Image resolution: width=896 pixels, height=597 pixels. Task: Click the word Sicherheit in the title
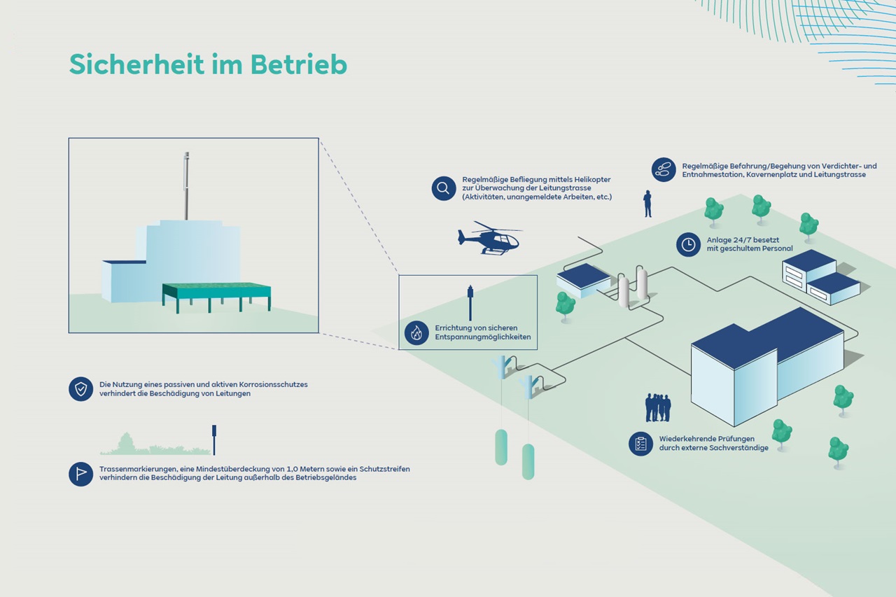tap(136, 64)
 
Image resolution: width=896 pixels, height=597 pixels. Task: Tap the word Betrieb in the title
tap(299, 64)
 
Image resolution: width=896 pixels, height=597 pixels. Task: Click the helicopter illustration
tap(490, 238)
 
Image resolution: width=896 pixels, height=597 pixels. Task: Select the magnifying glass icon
tap(444, 188)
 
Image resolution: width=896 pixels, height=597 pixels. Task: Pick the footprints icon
tap(664, 169)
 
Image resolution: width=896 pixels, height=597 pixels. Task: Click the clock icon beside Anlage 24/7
tap(688, 244)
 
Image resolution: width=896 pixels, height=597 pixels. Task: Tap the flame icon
tap(416, 332)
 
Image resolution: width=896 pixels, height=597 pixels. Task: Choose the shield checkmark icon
tap(80, 388)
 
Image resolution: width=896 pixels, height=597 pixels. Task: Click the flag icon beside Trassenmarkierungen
tap(80, 474)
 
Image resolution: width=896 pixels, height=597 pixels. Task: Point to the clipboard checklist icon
tap(640, 444)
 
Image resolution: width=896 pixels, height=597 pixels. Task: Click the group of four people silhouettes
tap(657, 407)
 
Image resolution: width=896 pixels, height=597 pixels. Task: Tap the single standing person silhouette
tap(647, 204)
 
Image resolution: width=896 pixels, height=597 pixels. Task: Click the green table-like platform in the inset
tap(216, 297)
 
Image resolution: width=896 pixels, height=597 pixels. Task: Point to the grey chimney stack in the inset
tap(186, 186)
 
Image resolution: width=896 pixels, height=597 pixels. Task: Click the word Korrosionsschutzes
tap(274, 385)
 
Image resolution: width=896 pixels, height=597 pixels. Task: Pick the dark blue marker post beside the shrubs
tap(214, 440)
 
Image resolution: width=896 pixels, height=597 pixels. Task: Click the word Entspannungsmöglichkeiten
tap(483, 337)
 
